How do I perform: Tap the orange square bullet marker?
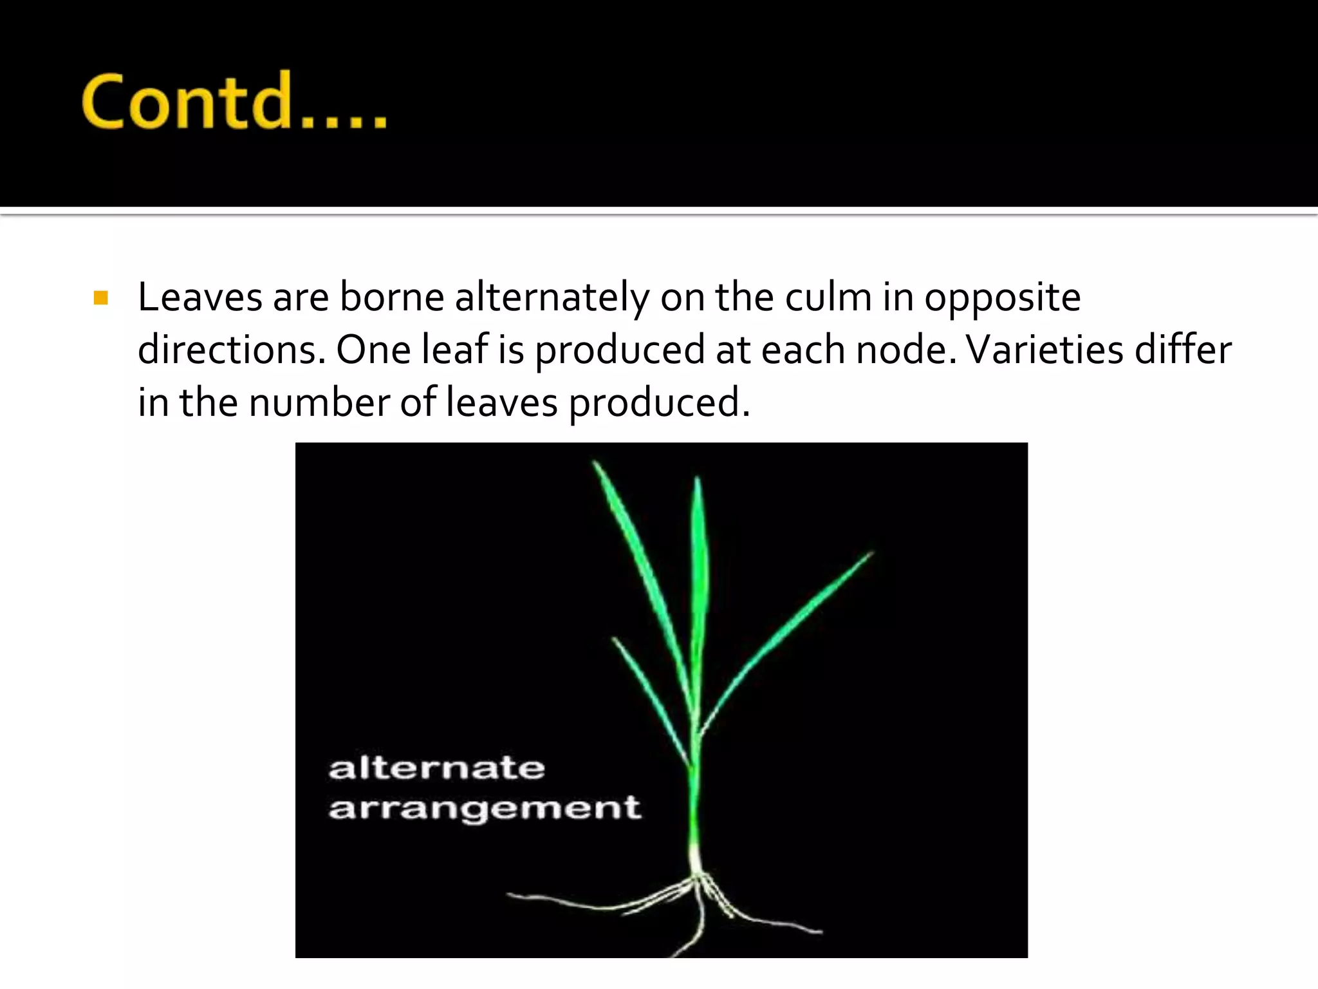100,297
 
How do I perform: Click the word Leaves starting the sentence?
200,297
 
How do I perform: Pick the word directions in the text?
232,350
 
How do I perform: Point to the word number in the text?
319,403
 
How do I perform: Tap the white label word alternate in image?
436,768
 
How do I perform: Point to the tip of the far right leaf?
871,553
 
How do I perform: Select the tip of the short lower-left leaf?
615,639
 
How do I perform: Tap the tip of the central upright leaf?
698,479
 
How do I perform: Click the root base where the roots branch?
697,876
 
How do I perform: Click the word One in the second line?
373,350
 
